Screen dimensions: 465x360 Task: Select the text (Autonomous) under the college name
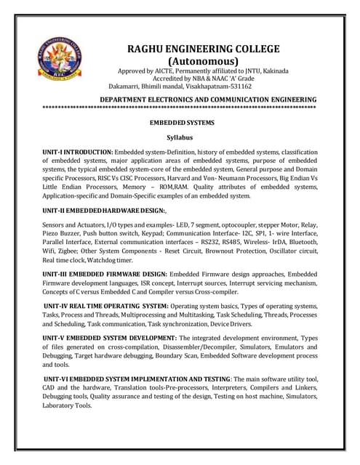click(x=203, y=61)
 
